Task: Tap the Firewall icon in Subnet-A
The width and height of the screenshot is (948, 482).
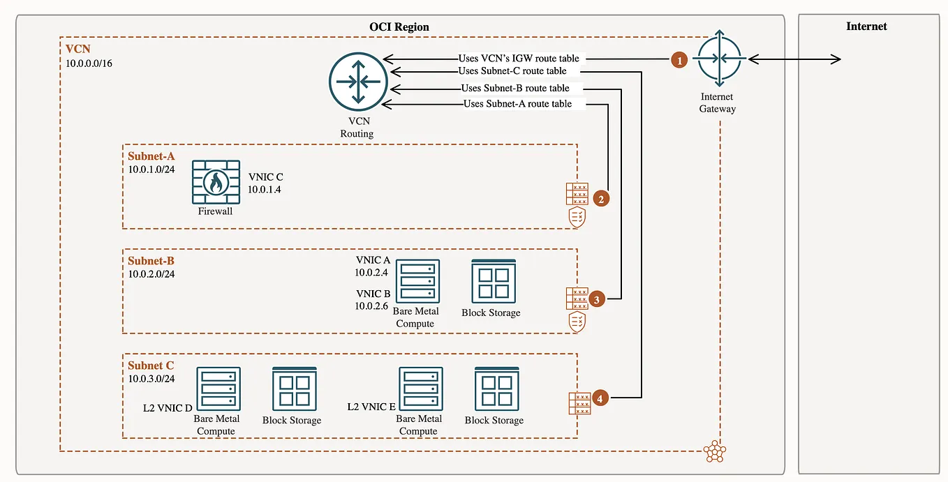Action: click(x=215, y=183)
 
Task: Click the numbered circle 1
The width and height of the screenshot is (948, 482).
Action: click(x=679, y=60)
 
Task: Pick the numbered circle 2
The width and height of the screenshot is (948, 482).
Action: click(x=600, y=199)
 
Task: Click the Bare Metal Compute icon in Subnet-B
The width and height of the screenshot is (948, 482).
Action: click(x=417, y=280)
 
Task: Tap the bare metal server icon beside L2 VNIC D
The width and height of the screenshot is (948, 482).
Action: click(x=218, y=389)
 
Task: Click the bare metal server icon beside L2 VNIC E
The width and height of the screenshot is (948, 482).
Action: click(x=420, y=389)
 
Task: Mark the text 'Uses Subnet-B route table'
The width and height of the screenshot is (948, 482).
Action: click(x=515, y=89)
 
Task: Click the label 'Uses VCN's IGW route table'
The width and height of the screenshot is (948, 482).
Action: click(x=518, y=59)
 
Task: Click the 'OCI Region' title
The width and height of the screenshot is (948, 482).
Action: click(x=399, y=27)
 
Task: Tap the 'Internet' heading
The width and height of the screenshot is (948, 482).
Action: click(x=866, y=27)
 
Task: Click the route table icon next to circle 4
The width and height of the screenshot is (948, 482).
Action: click(x=578, y=403)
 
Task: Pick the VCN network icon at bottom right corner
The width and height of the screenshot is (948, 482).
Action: click(x=713, y=451)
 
